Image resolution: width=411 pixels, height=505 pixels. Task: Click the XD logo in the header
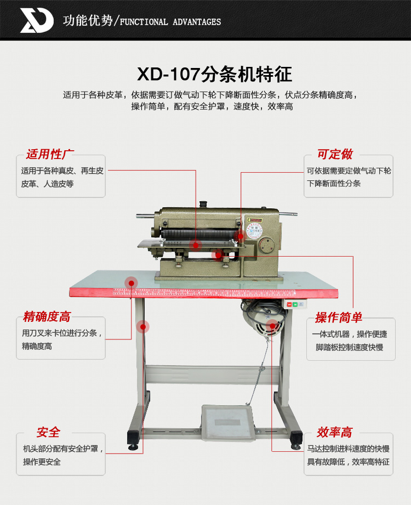tap(37, 20)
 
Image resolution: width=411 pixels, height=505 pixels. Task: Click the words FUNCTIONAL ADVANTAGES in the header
tap(170, 22)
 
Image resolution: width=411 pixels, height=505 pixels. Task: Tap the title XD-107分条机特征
tap(215, 74)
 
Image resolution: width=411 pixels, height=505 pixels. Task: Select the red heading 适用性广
tap(50, 154)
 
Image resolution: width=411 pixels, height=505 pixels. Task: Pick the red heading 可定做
tap(335, 154)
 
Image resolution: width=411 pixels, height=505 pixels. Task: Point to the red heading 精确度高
tap(47, 316)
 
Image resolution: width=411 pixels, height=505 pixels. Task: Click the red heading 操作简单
tap(339, 317)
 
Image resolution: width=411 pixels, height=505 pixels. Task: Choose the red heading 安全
tap(48, 432)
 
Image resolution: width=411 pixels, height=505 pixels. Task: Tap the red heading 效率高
tap(335, 432)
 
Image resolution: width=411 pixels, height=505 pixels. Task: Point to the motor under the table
tap(263, 318)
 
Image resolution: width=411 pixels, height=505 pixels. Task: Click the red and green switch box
tap(295, 304)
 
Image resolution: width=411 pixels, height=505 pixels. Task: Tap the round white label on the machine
tap(255, 231)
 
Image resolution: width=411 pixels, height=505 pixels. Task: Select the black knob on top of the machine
tap(203, 205)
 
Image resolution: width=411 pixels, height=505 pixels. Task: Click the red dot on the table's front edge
tap(132, 283)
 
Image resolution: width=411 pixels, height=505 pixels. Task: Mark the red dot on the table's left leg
tap(143, 327)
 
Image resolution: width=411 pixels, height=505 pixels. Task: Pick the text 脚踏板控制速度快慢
tap(350, 347)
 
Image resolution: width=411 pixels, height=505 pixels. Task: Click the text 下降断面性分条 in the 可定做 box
tap(334, 183)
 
